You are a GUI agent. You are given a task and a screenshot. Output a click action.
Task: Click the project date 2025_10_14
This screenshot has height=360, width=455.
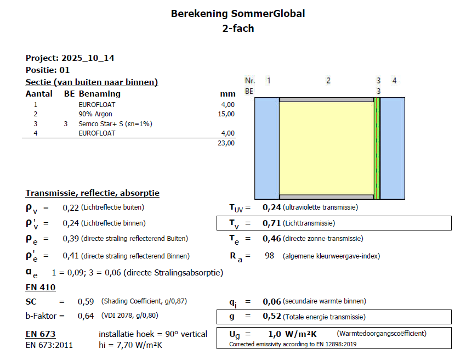coord(88,58)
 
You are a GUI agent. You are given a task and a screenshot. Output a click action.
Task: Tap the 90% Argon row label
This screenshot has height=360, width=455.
coord(95,114)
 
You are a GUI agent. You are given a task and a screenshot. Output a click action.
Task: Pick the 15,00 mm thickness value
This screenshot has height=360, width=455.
coord(226,114)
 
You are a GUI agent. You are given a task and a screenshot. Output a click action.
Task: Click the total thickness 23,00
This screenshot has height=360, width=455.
coord(226,143)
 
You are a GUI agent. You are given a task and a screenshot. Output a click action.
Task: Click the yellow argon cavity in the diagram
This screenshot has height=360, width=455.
coord(326,148)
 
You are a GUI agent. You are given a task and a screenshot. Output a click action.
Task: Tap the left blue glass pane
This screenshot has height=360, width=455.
coord(268,148)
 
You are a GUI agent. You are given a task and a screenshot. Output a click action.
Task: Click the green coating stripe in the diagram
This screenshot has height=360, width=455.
coord(377,148)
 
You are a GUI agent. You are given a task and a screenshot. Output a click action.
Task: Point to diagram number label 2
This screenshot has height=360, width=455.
coord(328,81)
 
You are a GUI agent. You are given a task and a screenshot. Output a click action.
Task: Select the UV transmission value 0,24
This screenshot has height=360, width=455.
coord(272,207)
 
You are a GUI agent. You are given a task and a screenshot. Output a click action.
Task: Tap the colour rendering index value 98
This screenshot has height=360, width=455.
coord(269,256)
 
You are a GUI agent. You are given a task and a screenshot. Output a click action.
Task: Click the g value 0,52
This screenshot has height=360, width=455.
coord(272,317)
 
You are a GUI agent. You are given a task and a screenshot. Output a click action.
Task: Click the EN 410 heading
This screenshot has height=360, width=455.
coord(41,287)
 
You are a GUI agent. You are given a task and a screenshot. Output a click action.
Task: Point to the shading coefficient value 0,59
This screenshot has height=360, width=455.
coord(86,301)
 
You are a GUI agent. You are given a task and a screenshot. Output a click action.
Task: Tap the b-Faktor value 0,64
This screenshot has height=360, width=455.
coord(86,316)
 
